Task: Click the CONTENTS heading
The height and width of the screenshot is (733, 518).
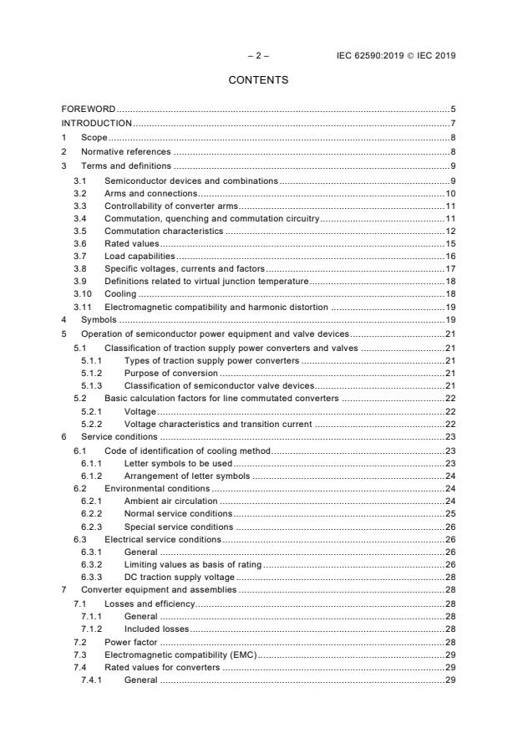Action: click(258, 80)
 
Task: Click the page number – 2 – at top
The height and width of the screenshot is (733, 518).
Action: click(258, 56)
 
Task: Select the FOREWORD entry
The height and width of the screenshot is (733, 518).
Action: click(89, 109)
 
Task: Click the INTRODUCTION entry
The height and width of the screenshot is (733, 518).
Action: click(97, 124)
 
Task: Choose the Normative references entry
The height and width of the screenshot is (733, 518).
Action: click(125, 151)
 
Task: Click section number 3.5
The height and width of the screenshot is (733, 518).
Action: click(79, 230)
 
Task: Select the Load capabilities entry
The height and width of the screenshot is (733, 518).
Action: click(139, 256)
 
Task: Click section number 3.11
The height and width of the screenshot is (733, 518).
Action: click(82, 308)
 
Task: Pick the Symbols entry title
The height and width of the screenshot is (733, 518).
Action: click(99, 320)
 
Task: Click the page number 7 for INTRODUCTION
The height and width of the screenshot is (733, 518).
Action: click(452, 124)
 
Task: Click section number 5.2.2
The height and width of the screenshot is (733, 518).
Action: click(92, 425)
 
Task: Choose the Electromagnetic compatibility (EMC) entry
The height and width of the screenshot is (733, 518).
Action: click(180, 654)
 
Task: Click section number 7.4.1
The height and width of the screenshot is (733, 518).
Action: click(92, 680)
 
